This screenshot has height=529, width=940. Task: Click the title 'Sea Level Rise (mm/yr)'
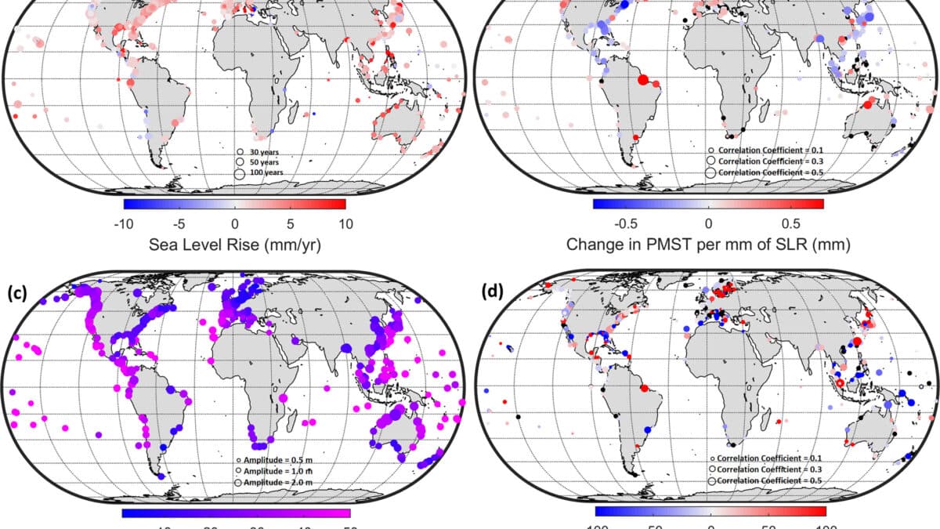pos(235,245)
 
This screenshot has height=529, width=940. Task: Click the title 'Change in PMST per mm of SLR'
pos(708,245)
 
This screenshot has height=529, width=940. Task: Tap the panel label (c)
pos(17,295)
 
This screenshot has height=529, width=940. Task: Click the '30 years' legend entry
pos(265,151)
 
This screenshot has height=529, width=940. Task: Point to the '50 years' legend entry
pos(265,161)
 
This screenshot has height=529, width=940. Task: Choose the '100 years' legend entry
pos(266,172)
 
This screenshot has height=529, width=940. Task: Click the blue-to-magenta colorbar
pos(236,513)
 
